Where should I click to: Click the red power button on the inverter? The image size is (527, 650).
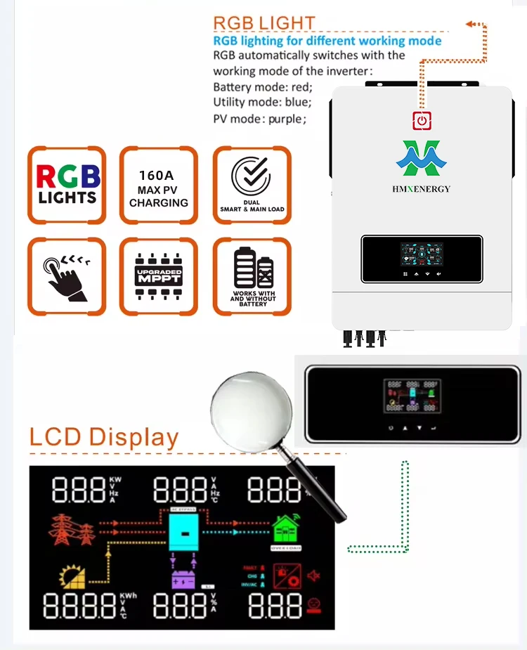(x=422, y=120)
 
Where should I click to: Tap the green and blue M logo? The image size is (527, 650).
(x=422, y=158)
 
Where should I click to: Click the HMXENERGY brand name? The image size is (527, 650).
(x=422, y=188)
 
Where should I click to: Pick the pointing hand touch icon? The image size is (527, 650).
(x=67, y=276)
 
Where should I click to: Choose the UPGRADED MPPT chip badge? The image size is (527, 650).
(x=159, y=276)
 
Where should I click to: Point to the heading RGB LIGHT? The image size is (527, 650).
(x=263, y=22)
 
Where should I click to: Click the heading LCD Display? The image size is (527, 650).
(x=104, y=436)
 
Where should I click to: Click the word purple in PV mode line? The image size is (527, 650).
(x=284, y=119)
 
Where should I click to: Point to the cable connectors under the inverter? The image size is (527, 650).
(x=363, y=338)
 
